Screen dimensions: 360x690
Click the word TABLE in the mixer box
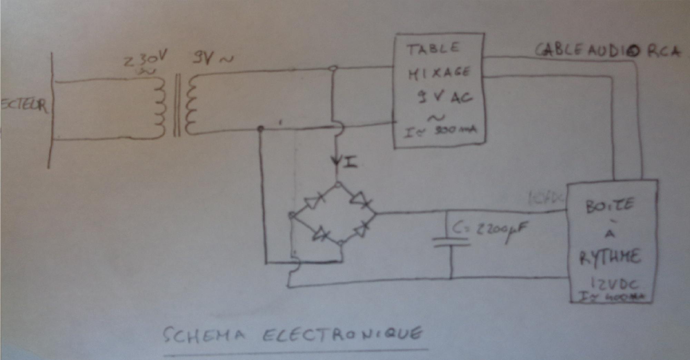(433, 49)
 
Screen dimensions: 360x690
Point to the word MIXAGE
(439, 73)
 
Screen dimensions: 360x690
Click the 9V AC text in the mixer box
(445, 97)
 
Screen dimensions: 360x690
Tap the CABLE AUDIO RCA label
(607, 51)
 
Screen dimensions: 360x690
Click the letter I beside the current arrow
(350, 162)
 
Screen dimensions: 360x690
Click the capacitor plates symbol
(451, 242)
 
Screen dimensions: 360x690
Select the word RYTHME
(610, 257)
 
